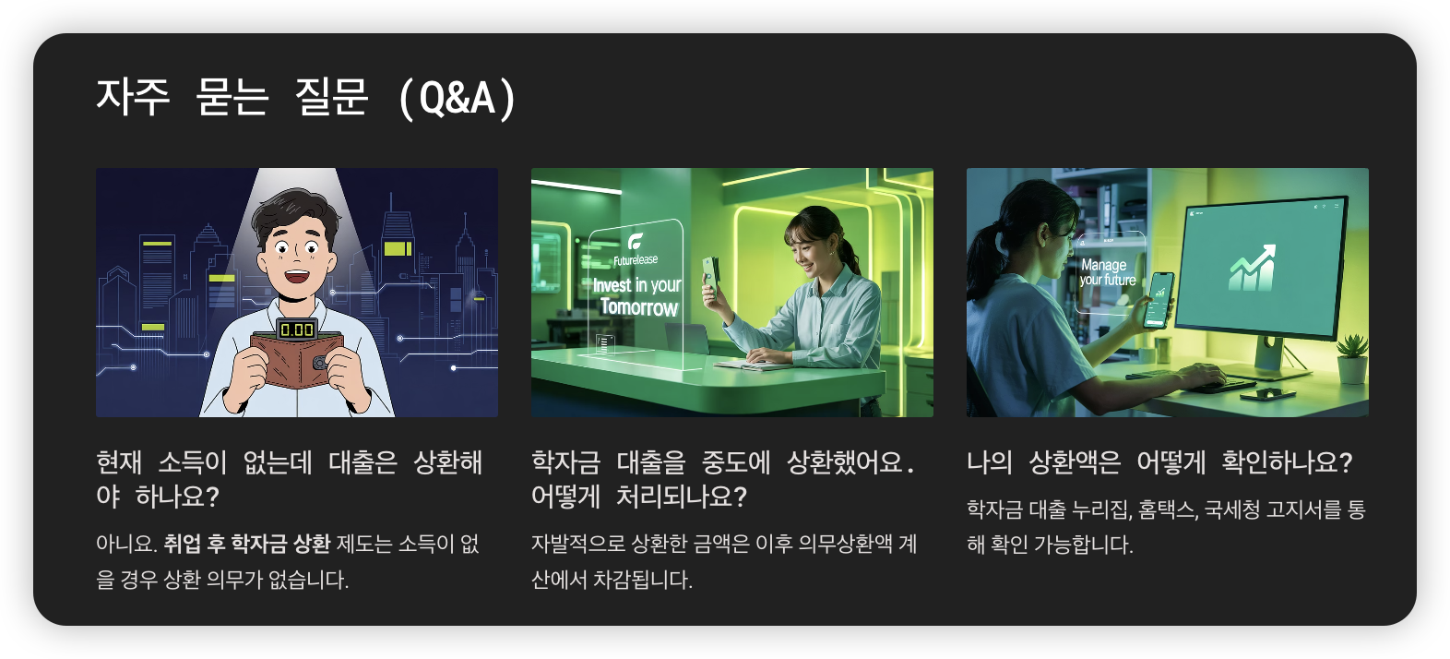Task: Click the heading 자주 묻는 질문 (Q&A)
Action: point(306,97)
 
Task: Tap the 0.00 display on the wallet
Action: point(297,329)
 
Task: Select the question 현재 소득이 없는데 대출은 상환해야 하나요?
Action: point(289,479)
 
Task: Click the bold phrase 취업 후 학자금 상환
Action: point(246,544)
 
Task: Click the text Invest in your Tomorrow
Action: point(636,296)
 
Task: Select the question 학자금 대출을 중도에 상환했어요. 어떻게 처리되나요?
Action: point(723,479)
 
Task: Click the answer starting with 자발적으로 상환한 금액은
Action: point(723,561)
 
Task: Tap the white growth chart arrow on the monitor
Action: point(1252,268)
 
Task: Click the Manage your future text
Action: point(1107,272)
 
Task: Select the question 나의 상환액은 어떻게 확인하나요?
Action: point(1159,461)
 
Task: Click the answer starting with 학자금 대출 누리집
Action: point(1166,526)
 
